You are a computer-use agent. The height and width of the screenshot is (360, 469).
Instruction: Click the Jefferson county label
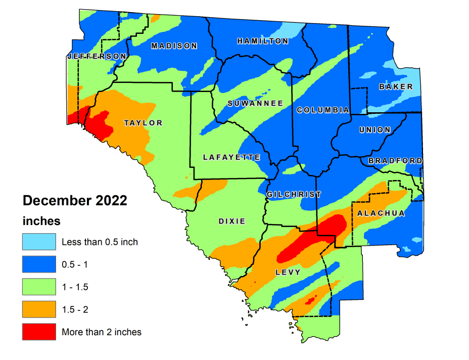point(97,56)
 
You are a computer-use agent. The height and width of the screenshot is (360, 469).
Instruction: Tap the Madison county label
point(174,46)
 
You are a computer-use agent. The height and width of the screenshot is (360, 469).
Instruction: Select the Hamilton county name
point(262,41)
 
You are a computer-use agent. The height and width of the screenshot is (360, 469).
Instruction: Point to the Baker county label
point(396,87)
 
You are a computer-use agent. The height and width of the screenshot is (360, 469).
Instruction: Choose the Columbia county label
point(323,110)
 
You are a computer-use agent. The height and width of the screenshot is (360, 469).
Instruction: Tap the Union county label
point(375,130)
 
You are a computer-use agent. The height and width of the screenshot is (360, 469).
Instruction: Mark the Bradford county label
point(395,161)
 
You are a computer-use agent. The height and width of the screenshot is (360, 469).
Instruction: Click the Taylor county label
point(144,123)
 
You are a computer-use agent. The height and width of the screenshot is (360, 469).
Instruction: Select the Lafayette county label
point(231,157)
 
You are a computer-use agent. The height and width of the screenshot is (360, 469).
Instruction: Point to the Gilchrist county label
point(294,194)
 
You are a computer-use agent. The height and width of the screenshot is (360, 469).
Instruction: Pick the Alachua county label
point(381,213)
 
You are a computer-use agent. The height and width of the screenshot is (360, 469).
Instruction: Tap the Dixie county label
point(232,221)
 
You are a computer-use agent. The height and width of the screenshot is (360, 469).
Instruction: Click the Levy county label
point(288,272)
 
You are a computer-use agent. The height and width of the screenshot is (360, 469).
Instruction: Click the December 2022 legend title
point(75,201)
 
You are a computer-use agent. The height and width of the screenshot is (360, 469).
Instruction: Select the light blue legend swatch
point(38,242)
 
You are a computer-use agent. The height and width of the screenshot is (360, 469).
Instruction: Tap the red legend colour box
point(38,332)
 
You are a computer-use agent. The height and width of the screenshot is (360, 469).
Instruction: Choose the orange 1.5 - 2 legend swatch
point(38,309)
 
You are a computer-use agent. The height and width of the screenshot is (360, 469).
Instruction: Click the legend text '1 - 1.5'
point(75,287)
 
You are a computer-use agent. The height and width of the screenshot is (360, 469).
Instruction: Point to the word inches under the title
point(41,221)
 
